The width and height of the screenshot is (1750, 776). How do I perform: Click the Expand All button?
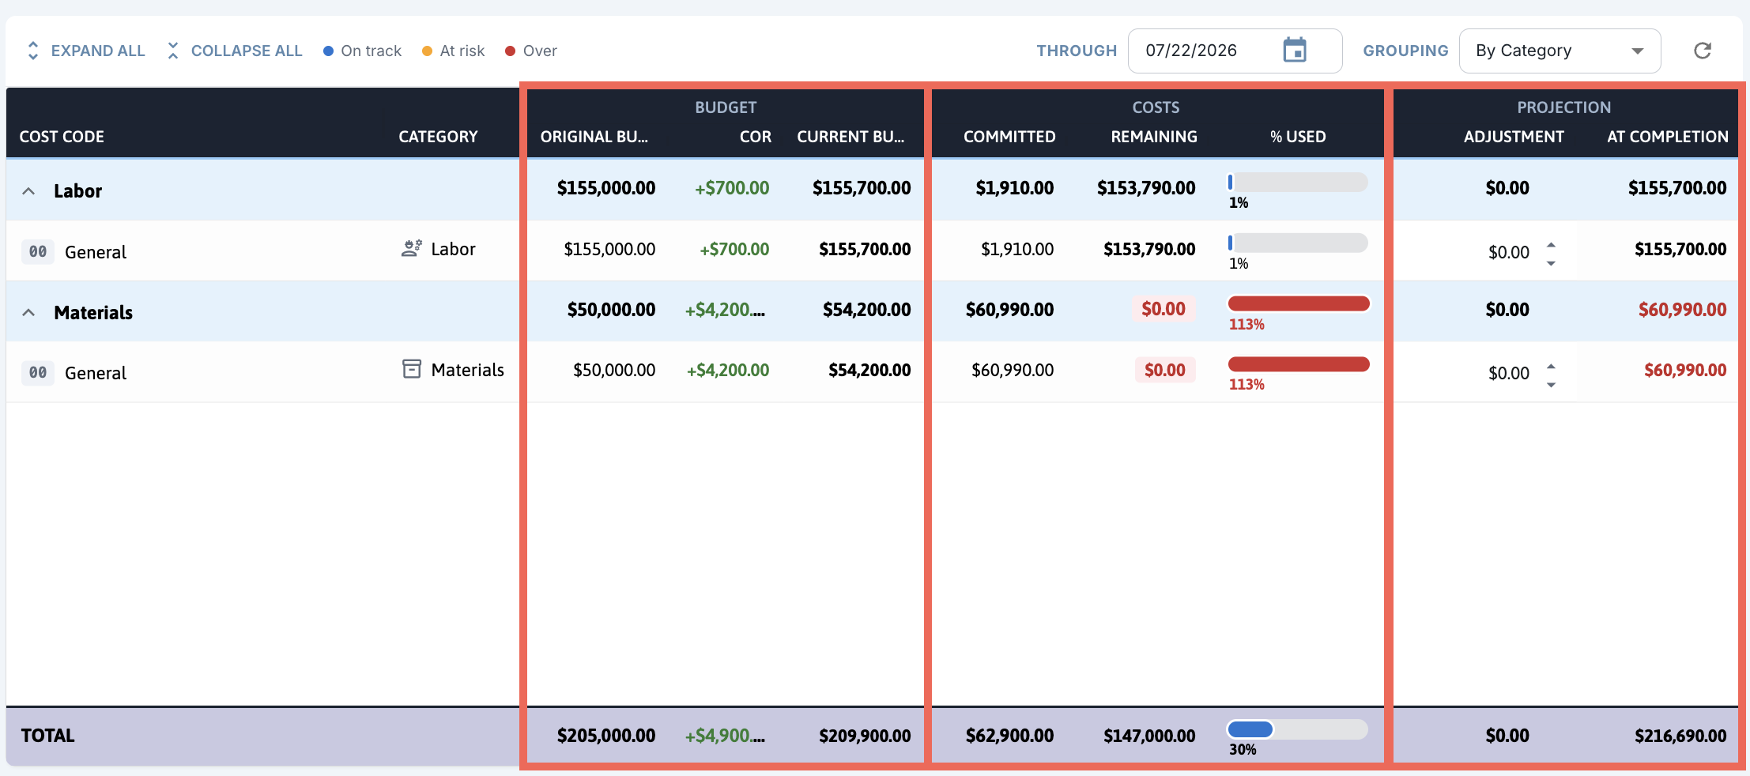tap(85, 51)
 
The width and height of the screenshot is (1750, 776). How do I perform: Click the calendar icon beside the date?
tap(1295, 50)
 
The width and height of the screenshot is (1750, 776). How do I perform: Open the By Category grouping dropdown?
tap(1560, 51)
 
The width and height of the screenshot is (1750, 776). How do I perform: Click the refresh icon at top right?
tap(1703, 51)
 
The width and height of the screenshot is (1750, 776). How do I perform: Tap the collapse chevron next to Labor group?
tap(28, 191)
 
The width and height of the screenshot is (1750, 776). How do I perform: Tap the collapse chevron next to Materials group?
tap(28, 312)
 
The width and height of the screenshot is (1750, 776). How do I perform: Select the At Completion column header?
tap(1667, 137)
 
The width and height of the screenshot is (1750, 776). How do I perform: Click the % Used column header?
tap(1298, 137)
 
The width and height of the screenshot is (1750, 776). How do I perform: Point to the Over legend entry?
tap(531, 51)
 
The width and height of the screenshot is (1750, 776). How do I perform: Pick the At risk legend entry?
tap(454, 51)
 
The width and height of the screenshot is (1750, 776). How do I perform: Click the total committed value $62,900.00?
tap(1009, 736)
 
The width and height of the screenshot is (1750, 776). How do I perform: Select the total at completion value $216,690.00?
tap(1680, 736)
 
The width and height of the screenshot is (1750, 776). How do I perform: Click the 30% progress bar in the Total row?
tap(1297, 729)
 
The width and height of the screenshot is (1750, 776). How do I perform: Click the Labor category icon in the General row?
tap(411, 249)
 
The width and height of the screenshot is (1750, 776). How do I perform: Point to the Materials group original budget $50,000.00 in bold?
tap(611, 310)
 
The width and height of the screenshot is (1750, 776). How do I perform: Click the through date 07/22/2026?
tap(1191, 51)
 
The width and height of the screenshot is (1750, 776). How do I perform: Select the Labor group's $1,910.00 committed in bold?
tap(1014, 188)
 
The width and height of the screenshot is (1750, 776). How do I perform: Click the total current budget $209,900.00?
tap(865, 736)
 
